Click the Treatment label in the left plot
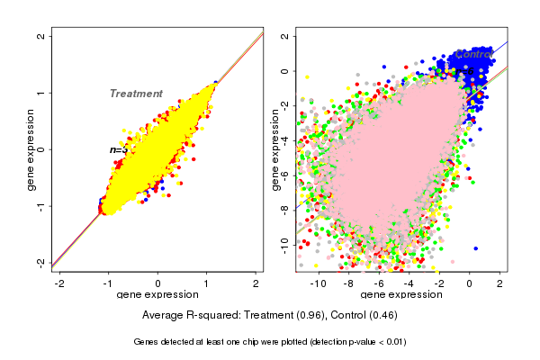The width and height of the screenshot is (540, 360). click(136, 94)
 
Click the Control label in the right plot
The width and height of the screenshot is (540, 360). click(472, 54)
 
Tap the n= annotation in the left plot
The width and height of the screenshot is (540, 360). click(118, 149)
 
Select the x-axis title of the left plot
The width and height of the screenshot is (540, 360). click(157, 295)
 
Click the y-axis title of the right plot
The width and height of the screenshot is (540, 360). click(275, 149)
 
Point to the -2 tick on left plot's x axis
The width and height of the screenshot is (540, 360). click(60, 283)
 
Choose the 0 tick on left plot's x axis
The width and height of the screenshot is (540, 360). click(158, 283)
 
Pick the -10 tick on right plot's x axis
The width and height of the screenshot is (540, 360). click(318, 283)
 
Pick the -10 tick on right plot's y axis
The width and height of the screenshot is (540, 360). click(284, 241)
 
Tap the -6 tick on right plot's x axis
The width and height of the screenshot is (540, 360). click(378, 283)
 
